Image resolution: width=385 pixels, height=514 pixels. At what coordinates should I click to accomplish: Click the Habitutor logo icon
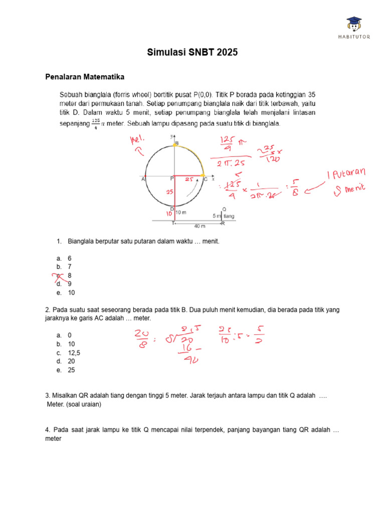354,23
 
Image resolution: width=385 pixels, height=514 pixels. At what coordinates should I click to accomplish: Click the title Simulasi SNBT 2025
192,52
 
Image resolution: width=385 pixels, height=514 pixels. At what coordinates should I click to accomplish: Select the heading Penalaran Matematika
85,77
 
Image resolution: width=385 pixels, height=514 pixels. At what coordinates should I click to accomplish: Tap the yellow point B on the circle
175,144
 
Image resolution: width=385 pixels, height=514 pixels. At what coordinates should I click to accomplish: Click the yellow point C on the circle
203,177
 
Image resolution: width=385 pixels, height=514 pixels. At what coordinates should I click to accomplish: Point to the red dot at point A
145,177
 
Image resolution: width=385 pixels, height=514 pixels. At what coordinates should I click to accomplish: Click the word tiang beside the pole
229,216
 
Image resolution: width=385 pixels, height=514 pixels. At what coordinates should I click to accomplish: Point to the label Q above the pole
224,209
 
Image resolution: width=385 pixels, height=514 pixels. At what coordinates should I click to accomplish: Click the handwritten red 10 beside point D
169,214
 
